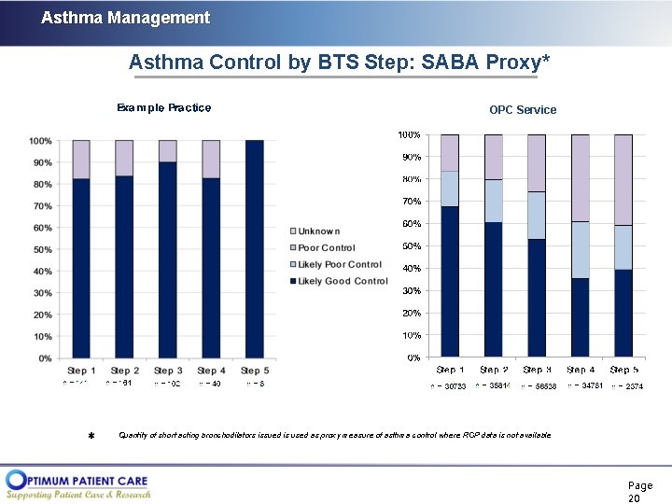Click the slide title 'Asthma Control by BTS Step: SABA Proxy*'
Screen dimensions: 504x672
pyautogui.click(x=339, y=63)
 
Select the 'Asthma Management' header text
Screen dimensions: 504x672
pyautogui.click(x=125, y=18)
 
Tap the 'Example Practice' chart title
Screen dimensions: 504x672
pyautogui.click(x=163, y=107)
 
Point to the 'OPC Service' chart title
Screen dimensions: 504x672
pyautogui.click(x=523, y=110)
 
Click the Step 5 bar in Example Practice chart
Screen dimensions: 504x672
pyautogui.click(x=254, y=249)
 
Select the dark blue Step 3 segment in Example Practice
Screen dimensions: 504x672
pyautogui.click(x=168, y=260)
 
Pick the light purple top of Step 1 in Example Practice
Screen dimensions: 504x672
pyautogui.click(x=81, y=159)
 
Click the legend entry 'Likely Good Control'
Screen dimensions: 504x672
pyautogui.click(x=342, y=281)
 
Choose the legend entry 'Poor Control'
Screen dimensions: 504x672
pyautogui.click(x=326, y=248)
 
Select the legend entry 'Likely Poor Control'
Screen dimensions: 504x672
pyautogui.click(x=339, y=264)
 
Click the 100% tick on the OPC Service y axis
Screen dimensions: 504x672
pyautogui.click(x=410, y=135)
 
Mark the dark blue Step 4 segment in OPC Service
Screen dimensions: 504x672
pyautogui.click(x=580, y=317)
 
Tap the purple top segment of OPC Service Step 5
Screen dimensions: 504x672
pyautogui.click(x=623, y=179)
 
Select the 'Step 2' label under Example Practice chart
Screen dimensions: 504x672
pyautogui.click(x=125, y=371)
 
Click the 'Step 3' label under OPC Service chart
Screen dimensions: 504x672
pyautogui.click(x=537, y=371)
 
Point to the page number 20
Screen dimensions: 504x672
pyautogui.click(x=639, y=493)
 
